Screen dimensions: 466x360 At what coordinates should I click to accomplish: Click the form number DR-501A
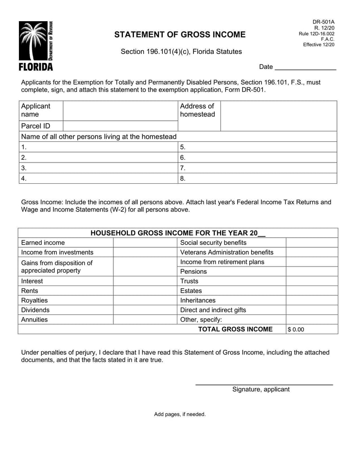coord(324,22)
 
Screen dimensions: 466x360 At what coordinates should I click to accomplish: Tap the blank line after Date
coord(305,67)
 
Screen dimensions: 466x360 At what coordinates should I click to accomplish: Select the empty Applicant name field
coord(120,110)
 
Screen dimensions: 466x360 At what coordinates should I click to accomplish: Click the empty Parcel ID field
coord(120,126)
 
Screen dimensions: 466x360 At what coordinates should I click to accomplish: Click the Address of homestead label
coord(197,110)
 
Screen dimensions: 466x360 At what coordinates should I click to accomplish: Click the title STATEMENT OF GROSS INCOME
coord(180,35)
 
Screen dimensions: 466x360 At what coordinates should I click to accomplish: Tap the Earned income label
coord(43,243)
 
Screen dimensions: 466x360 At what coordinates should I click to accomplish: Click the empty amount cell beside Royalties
coord(145,300)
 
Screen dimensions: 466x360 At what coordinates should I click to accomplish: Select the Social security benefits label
coord(213,243)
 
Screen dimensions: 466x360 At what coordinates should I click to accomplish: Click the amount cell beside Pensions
coord(311,271)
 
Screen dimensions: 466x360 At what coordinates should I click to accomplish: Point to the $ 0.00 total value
coord(296,330)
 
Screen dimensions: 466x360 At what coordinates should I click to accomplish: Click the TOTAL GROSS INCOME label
coord(235,329)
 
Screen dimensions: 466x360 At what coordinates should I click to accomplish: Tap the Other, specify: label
coord(201,320)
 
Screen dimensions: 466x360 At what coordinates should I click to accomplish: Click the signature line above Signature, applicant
coord(264,384)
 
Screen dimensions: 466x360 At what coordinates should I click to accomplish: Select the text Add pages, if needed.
coord(180,414)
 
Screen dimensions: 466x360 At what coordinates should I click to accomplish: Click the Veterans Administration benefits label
coord(226,252)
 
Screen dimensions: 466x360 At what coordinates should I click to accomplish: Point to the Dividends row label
coord(35,310)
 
